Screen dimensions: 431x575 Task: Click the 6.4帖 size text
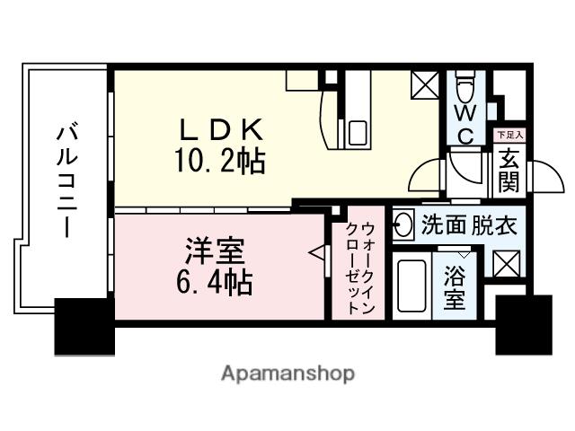[x=211, y=284]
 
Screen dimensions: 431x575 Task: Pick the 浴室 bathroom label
[x=455, y=287]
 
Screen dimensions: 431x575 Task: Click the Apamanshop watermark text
[x=287, y=373]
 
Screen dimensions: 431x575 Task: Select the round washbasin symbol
[x=403, y=225]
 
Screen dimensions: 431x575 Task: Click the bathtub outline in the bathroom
[x=411, y=287]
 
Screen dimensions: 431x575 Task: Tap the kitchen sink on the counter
[x=358, y=131]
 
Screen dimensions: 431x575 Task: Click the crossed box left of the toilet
[x=424, y=86]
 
